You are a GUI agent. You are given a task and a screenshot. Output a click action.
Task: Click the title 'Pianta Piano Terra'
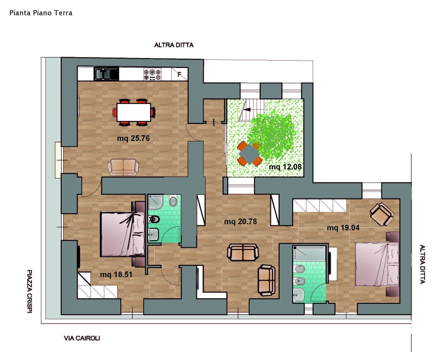coord(41,13)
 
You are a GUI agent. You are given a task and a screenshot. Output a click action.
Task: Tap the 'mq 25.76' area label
coord(133,138)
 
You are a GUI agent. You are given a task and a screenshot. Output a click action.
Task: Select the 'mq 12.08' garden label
coord(285,167)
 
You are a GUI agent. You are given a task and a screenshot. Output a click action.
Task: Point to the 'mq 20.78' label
coord(241,222)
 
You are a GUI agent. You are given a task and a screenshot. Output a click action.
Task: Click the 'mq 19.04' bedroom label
coord(343,228)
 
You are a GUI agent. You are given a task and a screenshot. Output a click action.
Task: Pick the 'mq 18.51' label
coord(116,275)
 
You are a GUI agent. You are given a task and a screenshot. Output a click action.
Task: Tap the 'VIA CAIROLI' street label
coord(82,338)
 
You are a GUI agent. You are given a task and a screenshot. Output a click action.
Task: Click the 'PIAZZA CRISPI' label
coord(29,292)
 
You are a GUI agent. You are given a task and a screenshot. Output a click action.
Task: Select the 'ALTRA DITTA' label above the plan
coord(174,45)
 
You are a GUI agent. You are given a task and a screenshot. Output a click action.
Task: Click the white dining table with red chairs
coord(134,113)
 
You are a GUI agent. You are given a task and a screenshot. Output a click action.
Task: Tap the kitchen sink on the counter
coord(106,74)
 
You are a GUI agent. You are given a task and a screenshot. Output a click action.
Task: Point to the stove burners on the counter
coord(152,75)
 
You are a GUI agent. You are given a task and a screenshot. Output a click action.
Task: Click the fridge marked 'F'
coord(179,75)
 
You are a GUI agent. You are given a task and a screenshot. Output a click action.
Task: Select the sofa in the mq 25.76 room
coord(123,167)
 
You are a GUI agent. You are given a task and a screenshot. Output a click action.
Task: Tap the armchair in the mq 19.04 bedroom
coord(381,214)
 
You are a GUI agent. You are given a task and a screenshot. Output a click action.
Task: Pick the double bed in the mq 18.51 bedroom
coord(123,234)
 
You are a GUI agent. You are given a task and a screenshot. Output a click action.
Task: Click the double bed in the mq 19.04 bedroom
coord(377,264)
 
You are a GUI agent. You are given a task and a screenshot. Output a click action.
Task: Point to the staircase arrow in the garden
coord(247,110)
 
